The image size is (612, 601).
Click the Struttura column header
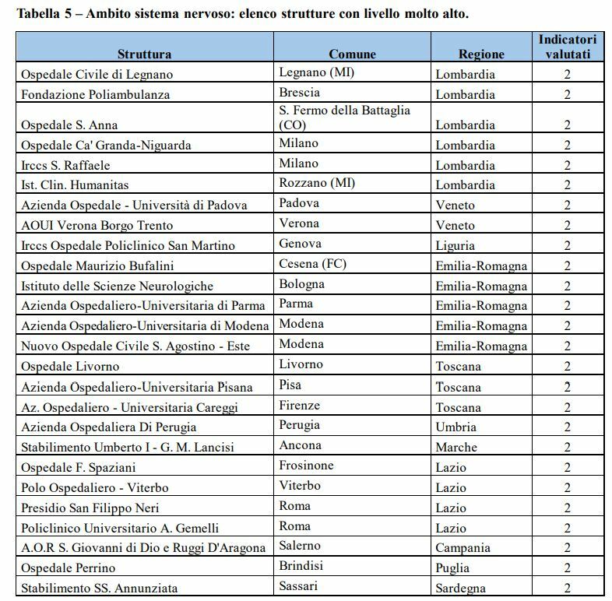pos(144,54)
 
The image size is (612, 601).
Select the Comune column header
pos(352,54)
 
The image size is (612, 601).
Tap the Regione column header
pos(481,54)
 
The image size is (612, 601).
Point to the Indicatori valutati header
pos(567,47)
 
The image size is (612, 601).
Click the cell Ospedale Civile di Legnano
pos(97,75)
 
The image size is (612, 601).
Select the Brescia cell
pos(299,92)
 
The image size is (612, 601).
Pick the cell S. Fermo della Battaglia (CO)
pos(344,118)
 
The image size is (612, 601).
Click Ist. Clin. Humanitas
pos(75,185)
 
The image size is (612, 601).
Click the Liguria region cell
pos(456,245)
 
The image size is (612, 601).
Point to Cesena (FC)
pos(313,263)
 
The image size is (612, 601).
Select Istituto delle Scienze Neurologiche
pos(118,286)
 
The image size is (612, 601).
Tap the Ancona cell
pos(300,445)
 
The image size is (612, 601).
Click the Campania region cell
pos(463,548)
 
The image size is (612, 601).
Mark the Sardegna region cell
pos(461,589)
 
